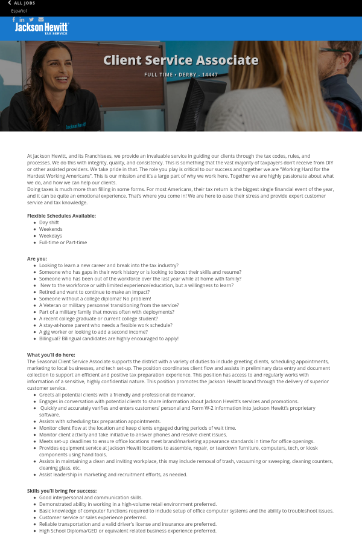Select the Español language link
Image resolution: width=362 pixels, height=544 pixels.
click(19, 11)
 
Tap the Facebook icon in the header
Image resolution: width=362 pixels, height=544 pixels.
click(14, 19)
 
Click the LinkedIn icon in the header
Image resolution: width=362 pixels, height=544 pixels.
click(22, 19)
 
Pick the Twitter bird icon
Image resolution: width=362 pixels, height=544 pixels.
click(31, 19)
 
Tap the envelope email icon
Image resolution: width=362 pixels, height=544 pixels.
click(41, 19)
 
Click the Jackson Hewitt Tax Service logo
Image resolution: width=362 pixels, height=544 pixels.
click(42, 28)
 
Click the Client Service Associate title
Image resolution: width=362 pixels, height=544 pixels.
click(181, 60)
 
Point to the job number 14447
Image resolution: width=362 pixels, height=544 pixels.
click(210, 75)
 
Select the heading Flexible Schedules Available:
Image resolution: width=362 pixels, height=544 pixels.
click(62, 216)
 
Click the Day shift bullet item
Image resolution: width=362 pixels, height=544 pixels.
click(49, 222)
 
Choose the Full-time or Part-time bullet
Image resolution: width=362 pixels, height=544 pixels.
click(63, 242)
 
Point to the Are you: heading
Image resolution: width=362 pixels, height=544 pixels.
click(37, 259)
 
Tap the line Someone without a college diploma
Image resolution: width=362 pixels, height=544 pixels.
click(95, 299)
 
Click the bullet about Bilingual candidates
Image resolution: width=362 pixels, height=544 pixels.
click(109, 338)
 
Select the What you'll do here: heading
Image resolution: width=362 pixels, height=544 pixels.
click(51, 355)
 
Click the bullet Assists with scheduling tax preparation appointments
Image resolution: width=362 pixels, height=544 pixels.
click(100, 421)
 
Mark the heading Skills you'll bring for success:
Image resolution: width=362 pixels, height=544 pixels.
click(62, 491)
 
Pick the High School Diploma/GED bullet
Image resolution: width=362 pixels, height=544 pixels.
click(127, 531)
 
